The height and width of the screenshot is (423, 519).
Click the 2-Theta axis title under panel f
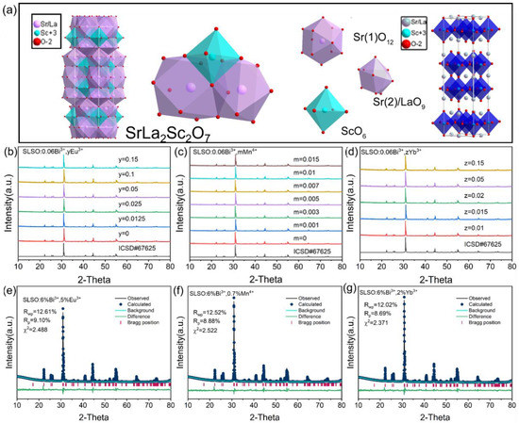pyautogui.click(x=257, y=415)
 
